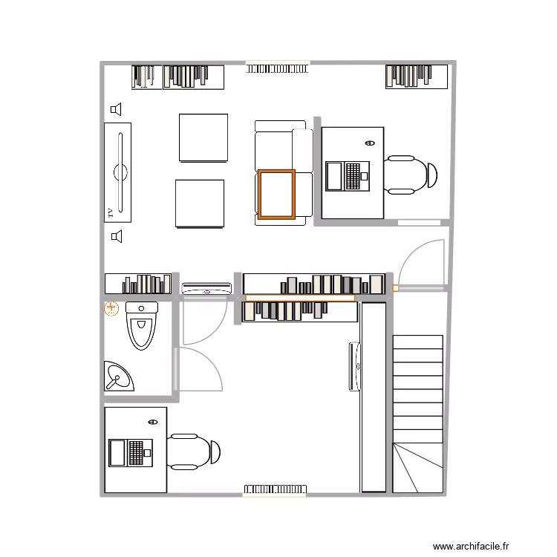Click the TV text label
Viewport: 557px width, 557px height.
(110, 212)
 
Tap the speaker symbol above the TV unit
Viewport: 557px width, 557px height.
(116, 110)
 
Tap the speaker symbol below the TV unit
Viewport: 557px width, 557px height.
(116, 236)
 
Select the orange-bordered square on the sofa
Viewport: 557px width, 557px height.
(276, 195)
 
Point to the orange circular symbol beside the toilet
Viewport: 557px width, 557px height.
(111, 308)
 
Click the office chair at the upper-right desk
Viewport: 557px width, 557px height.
(411, 175)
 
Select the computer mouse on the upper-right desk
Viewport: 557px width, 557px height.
(371, 143)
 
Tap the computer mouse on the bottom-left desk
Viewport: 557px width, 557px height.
(154, 421)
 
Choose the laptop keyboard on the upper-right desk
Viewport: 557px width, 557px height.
(353, 177)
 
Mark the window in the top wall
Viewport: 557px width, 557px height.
(277, 68)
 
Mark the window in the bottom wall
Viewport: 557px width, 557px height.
(274, 489)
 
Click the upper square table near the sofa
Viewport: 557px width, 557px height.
(203, 137)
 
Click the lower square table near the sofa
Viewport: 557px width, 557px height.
(199, 203)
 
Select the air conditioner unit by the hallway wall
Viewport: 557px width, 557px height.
(207, 288)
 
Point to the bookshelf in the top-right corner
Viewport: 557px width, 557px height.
(417, 76)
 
